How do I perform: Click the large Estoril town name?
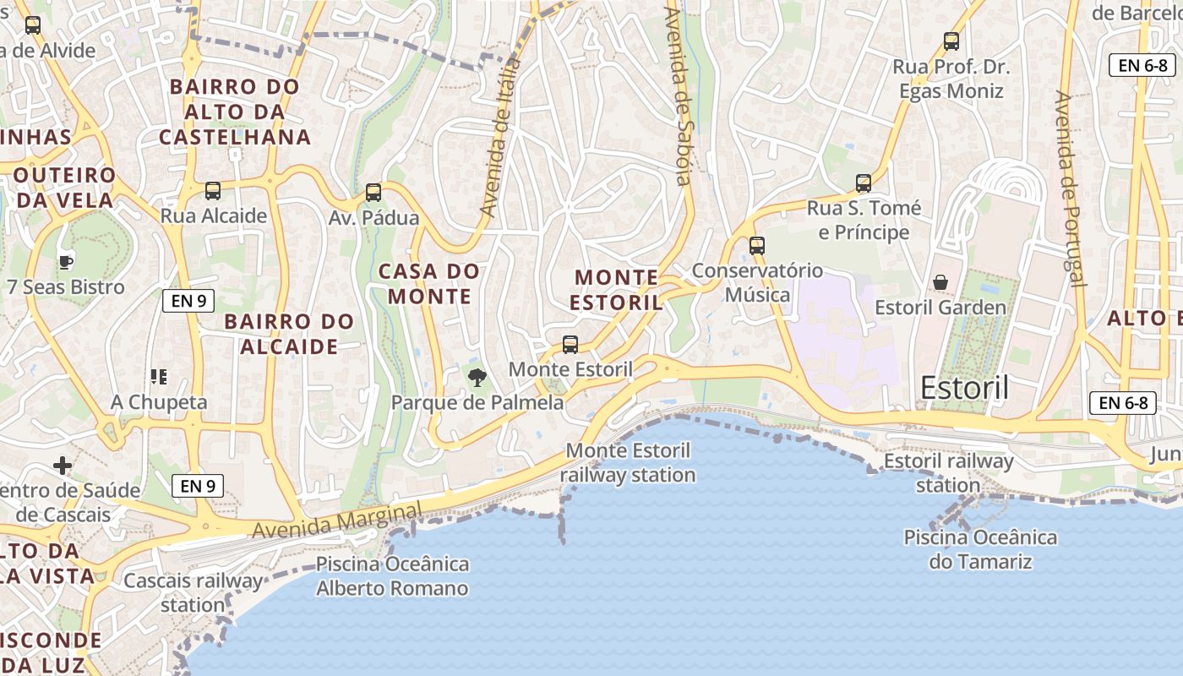964,388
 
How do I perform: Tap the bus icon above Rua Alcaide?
213,191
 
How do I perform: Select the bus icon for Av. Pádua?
373,193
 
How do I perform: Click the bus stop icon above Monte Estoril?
570,345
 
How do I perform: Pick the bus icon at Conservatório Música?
757,246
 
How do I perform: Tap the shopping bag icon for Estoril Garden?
940,282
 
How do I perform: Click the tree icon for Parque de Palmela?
477,377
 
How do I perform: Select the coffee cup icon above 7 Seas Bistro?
66,262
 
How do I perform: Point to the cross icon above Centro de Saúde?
63,466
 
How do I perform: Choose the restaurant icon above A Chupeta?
159,376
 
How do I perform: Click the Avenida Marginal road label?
336,521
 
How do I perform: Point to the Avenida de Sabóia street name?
679,96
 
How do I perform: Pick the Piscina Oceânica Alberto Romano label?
392,576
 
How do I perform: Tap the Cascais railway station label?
194,593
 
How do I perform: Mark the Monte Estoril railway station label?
628,463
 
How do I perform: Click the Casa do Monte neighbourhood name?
428,284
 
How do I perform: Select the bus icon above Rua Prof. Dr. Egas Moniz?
951,41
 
